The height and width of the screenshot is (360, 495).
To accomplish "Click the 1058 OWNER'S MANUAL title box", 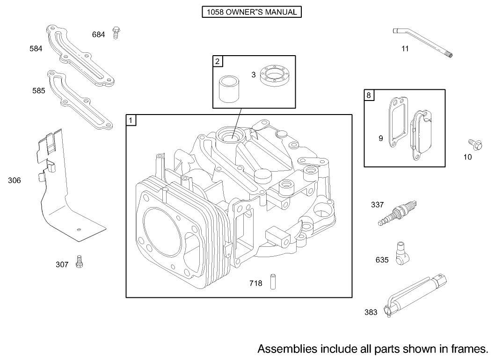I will (x=251, y=12).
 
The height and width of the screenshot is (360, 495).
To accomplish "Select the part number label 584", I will (x=36, y=49).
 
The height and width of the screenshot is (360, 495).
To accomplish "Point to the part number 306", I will (x=15, y=180).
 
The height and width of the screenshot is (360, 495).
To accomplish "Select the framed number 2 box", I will (x=218, y=61).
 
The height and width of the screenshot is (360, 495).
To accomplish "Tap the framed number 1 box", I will (x=131, y=120).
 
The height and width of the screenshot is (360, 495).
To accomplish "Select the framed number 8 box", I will (x=369, y=95).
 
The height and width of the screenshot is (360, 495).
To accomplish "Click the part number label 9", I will (x=381, y=138).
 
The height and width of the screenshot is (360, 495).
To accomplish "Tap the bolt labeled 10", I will (x=473, y=144).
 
